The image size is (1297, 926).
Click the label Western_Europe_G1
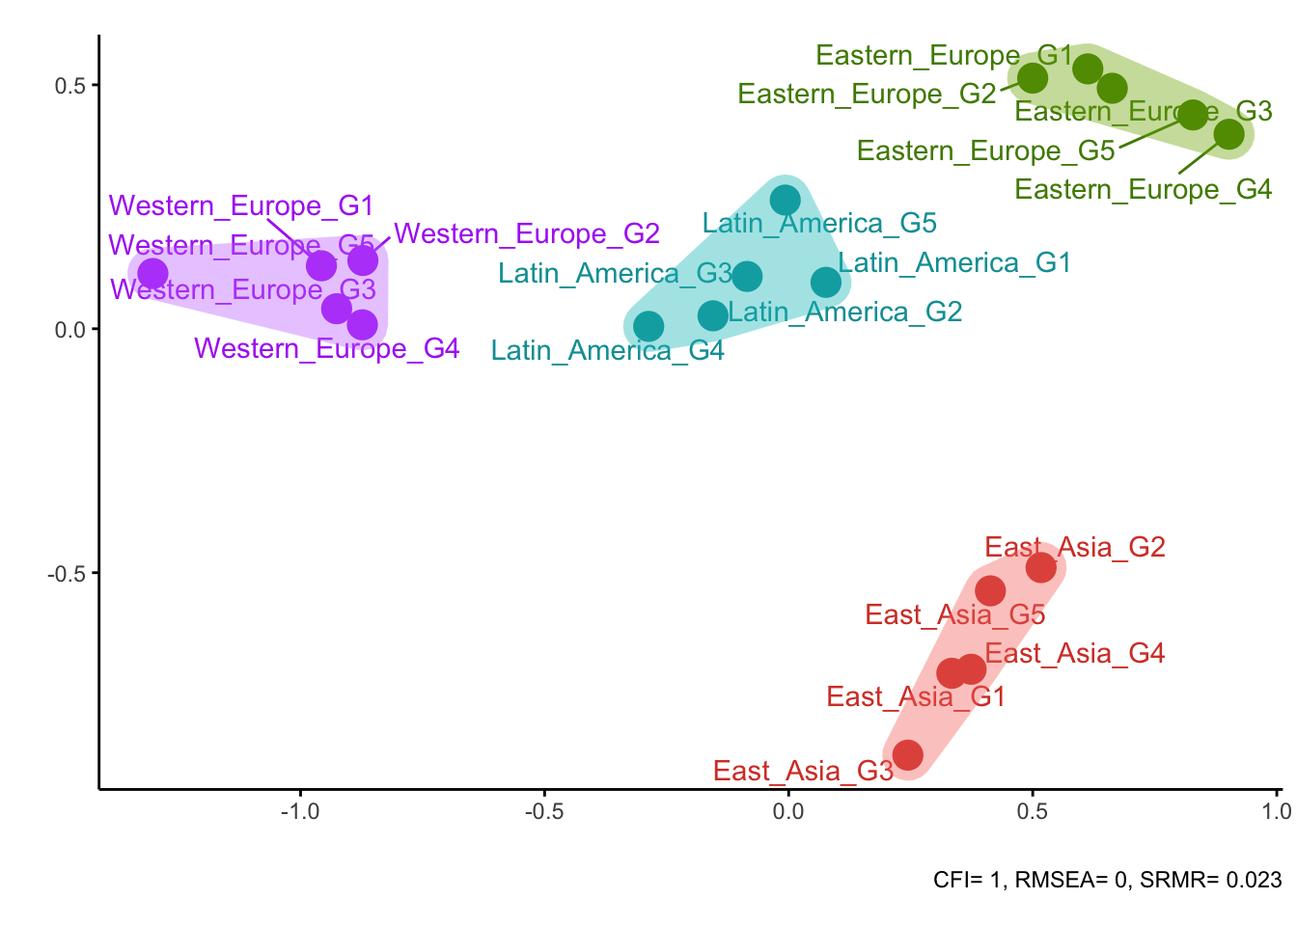coord(240,206)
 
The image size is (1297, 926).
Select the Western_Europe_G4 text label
coord(326,349)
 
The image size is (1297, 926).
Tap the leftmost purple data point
coord(152,274)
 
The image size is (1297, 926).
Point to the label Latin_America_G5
coord(819,224)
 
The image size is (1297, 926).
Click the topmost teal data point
coord(785,200)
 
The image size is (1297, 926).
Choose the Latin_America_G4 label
coord(607,351)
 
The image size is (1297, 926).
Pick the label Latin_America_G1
coord(954,263)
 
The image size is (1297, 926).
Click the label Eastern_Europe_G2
coord(867,95)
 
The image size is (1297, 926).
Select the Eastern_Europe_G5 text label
coord(985,151)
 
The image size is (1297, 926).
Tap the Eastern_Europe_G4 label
coord(1143,190)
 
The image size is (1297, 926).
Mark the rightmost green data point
coord(1228,134)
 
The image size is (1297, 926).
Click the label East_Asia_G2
coord(1074,548)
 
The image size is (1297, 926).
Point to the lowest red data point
coord(907,754)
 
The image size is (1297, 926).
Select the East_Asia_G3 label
coord(803,772)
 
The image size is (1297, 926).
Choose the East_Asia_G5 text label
coord(954,615)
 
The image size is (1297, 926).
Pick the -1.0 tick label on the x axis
coord(299,811)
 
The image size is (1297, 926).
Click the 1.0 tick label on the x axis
coord(1275,811)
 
